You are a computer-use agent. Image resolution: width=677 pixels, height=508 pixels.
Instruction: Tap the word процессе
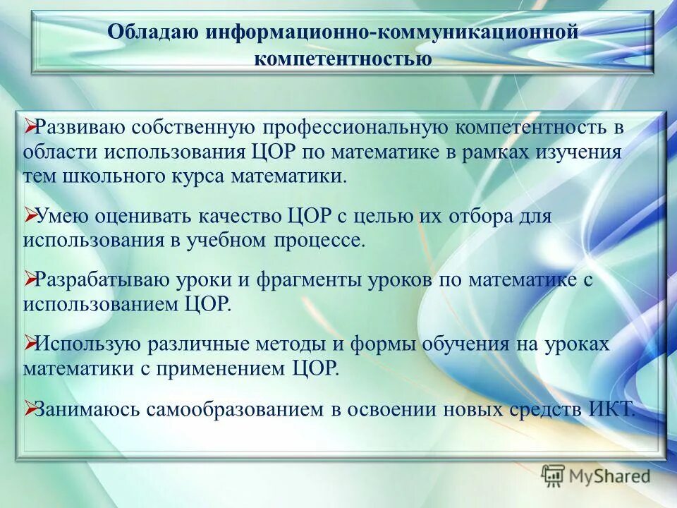(x=326, y=240)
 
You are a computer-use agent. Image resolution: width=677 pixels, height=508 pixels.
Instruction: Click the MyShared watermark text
(x=610, y=477)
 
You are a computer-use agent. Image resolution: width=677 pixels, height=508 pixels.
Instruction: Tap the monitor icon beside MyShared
(x=553, y=476)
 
